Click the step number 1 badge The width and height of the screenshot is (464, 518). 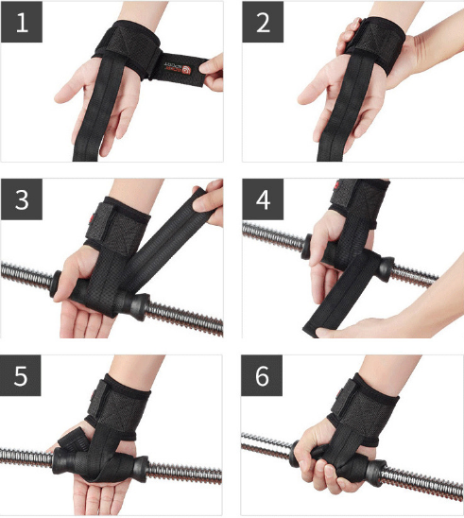tap(21, 23)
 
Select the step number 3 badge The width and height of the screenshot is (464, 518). tap(21, 200)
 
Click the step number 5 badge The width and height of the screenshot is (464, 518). tap(21, 377)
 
